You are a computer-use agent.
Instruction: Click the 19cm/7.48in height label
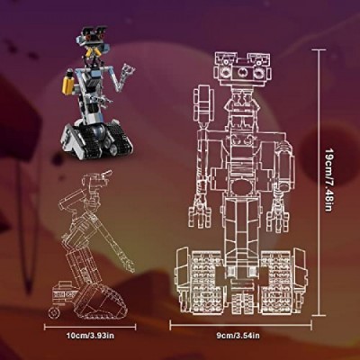click(329, 180)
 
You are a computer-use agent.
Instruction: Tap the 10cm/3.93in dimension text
click(90, 336)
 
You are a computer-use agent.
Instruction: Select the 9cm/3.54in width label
click(238, 336)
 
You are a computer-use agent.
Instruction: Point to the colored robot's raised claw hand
click(128, 69)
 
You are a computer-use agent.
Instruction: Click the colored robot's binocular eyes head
click(94, 36)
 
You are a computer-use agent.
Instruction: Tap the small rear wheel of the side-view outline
click(55, 313)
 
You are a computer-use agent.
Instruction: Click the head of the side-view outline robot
click(95, 181)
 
